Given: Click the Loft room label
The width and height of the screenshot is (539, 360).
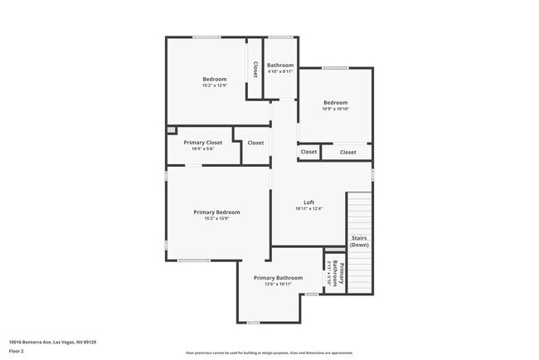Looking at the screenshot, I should coord(308,202).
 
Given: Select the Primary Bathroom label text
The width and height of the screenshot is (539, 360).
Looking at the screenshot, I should coord(278,278).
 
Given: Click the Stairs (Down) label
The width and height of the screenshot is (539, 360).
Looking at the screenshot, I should coord(359,241).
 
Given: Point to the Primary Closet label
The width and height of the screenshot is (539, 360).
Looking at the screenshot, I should coord(202,143).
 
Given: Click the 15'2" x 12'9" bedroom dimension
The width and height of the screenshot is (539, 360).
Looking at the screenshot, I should coord(215,85).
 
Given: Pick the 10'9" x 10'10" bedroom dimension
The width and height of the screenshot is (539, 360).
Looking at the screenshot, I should coord(335,109).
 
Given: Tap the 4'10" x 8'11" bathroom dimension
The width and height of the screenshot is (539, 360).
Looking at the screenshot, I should coord(279,71).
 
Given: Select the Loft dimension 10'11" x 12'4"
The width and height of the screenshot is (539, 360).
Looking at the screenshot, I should coord(308,208).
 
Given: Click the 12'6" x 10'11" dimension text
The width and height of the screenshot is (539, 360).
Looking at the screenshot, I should coord(278,284).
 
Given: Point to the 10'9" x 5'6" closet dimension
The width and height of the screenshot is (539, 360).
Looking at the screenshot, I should coord(202,148).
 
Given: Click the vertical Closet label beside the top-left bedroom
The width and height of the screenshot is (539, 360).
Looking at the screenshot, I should coord(255,69).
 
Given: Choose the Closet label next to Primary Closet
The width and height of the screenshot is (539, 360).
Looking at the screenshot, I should coord(255,143).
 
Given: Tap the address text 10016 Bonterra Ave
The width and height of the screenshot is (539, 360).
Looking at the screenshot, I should coord(52,341).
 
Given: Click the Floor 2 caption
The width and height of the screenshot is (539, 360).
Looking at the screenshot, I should coord(17,351).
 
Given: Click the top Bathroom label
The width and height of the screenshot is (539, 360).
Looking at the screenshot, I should coord(279,65).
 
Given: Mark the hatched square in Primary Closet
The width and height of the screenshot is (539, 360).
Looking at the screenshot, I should coord(172,129).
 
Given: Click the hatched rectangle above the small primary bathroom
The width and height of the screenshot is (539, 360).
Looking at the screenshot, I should coord(334,249).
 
